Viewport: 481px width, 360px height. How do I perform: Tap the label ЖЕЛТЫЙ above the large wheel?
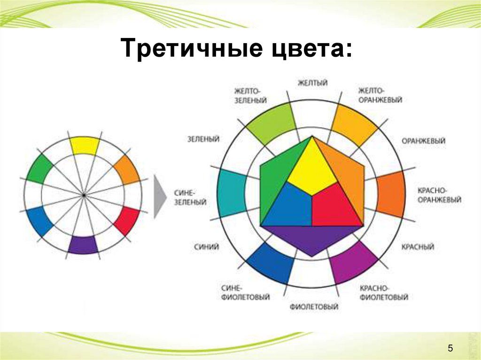[312, 83]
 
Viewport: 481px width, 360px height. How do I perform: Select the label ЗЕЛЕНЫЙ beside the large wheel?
[203, 139]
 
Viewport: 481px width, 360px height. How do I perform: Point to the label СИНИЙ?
[207, 247]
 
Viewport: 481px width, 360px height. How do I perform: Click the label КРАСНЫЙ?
[418, 247]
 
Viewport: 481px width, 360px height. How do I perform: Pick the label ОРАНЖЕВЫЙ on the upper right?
[423, 141]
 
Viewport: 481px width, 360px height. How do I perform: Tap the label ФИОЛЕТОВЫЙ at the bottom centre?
[314, 306]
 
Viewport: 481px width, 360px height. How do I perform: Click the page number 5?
[450, 348]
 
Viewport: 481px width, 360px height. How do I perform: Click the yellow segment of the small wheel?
[85, 146]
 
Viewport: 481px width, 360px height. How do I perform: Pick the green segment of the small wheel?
[39, 169]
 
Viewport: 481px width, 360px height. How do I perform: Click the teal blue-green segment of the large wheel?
[231, 194]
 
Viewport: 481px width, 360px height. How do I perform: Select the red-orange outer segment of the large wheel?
[391, 194]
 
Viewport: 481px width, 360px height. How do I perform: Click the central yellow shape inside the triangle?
[312, 167]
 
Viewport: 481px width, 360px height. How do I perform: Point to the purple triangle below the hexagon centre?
[312, 239]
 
